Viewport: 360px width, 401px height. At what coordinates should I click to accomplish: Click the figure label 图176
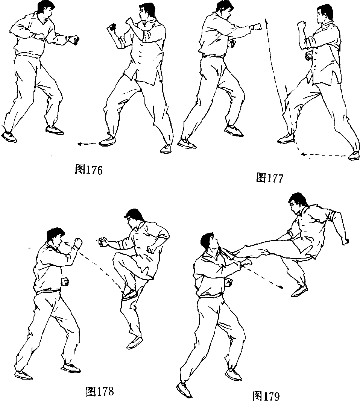coord(89,169)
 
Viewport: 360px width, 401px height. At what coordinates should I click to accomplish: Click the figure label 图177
coord(270,178)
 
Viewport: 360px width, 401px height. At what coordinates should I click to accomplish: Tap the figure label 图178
coord(100,390)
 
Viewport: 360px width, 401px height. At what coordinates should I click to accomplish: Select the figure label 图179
coord(266,396)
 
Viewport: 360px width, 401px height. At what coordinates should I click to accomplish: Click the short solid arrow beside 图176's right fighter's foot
coord(87,144)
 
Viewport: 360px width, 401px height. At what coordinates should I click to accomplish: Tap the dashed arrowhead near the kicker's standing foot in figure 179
coord(281,287)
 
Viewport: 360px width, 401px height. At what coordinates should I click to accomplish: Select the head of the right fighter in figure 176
coord(147,12)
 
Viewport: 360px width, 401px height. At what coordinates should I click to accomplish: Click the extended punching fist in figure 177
coord(257,26)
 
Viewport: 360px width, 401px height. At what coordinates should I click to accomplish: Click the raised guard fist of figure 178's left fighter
coord(77,242)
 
